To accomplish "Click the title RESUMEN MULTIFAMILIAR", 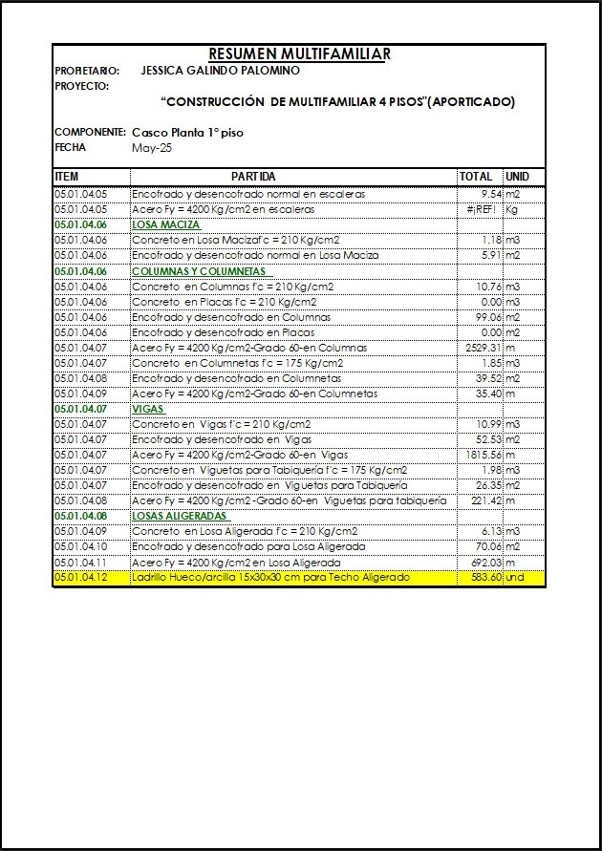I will click(299, 54).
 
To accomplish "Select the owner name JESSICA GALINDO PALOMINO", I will click(220, 71).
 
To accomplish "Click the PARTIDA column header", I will click(253, 177).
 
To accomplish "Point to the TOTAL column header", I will click(476, 177).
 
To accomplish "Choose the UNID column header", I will click(517, 177).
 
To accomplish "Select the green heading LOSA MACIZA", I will click(166, 224).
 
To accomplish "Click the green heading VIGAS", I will click(148, 409).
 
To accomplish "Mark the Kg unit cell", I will click(512, 209).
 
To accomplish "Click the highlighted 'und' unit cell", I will click(516, 578).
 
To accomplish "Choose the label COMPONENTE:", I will click(90, 132).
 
